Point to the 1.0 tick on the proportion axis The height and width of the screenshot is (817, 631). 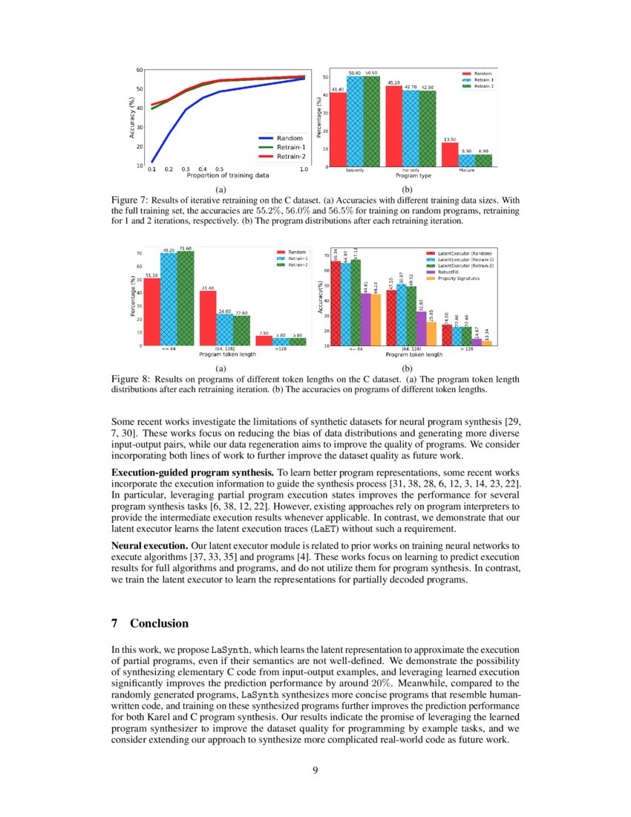(x=304, y=170)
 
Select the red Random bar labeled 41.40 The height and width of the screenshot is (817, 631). (x=338, y=129)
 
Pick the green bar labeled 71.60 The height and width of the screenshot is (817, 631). (x=186, y=298)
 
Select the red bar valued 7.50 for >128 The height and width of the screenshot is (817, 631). (x=264, y=340)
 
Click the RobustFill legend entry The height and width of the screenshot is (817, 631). (x=454, y=273)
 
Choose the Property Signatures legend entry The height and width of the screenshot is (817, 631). (x=459, y=279)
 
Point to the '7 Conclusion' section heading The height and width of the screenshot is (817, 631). (x=150, y=623)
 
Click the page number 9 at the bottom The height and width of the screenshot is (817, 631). (x=315, y=769)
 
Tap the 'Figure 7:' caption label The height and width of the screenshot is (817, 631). (x=129, y=201)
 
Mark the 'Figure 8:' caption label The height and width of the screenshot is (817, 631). (x=129, y=379)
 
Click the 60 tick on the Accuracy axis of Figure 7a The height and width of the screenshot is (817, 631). (x=139, y=70)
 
